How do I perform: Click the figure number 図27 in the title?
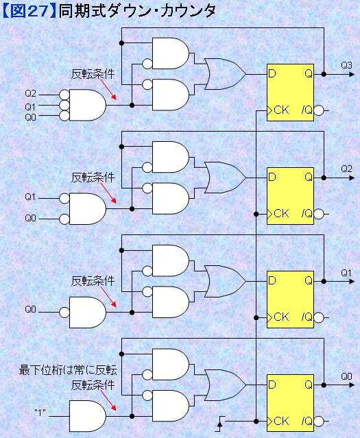click(x=29, y=12)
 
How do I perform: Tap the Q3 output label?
click(x=346, y=65)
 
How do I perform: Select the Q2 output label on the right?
click(x=346, y=169)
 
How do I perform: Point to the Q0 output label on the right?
click(x=346, y=376)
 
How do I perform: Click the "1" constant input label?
click(x=40, y=413)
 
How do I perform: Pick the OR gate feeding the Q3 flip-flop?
click(x=226, y=74)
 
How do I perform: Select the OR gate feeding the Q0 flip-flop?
click(x=226, y=385)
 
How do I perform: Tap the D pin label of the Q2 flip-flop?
click(x=272, y=177)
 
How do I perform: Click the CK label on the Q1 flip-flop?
click(x=281, y=317)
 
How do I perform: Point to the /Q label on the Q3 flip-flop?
click(x=307, y=110)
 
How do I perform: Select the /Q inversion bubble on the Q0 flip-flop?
click(x=319, y=421)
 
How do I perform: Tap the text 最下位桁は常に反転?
click(x=68, y=370)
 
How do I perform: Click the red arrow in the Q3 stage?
click(x=108, y=90)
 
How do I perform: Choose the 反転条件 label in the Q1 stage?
click(x=93, y=281)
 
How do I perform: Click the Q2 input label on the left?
click(x=30, y=93)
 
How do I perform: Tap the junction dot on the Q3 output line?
click(x=324, y=74)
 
